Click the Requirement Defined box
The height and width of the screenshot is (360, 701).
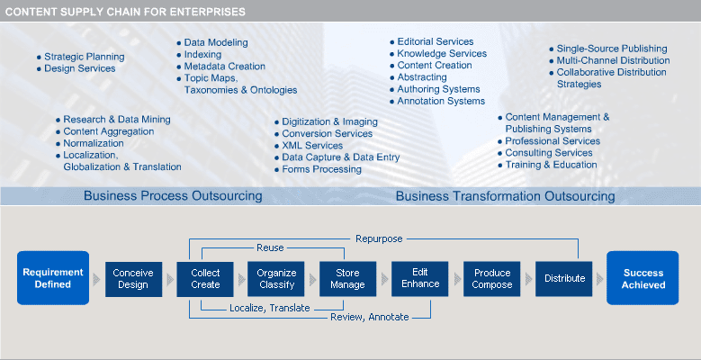(x=53, y=279)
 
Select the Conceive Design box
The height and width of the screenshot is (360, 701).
(x=132, y=279)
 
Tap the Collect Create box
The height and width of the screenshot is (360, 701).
(x=204, y=279)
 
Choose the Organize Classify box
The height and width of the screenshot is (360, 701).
(x=276, y=279)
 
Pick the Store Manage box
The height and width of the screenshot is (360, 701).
(x=347, y=279)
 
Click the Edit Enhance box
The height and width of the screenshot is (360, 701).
(x=420, y=279)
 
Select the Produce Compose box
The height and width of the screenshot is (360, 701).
(x=492, y=279)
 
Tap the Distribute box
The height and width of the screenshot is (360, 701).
(x=564, y=279)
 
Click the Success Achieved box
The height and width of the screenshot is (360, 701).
(x=643, y=279)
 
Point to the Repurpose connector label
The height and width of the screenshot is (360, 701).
(x=380, y=238)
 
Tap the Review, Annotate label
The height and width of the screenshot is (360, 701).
(x=369, y=317)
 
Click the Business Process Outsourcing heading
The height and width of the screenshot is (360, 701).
(x=173, y=195)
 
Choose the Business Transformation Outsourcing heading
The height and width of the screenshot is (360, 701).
(x=505, y=195)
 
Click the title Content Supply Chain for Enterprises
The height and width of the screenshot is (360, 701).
(x=125, y=11)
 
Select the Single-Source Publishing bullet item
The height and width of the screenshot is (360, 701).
(x=611, y=49)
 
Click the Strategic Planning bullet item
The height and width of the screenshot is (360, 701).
(x=84, y=57)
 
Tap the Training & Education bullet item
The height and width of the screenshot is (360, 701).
(x=551, y=165)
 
